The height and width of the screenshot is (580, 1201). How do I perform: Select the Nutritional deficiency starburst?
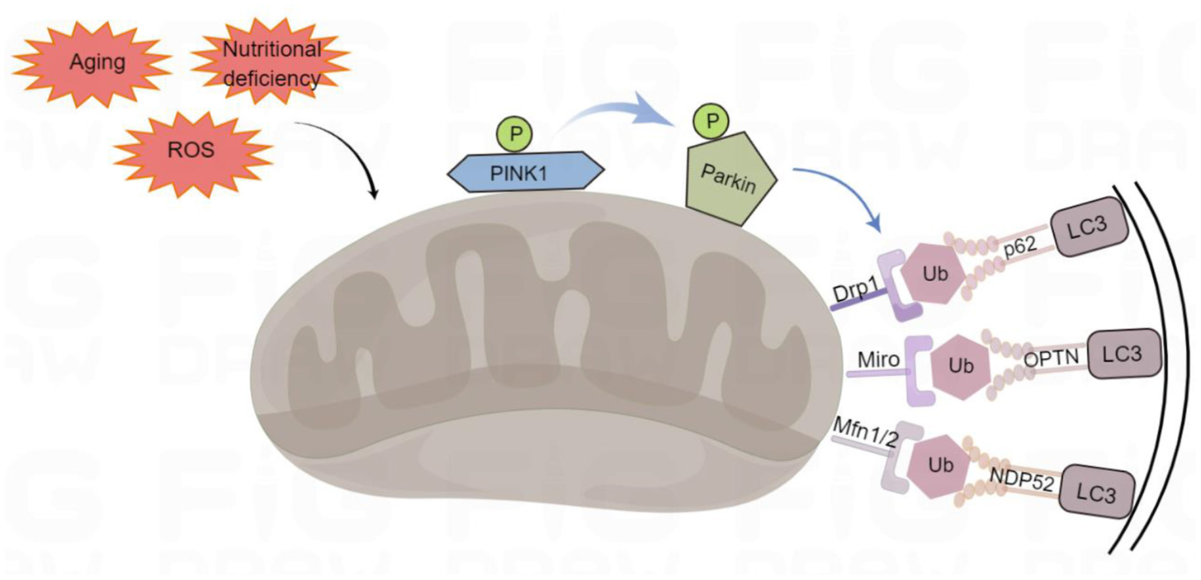pyautogui.click(x=271, y=63)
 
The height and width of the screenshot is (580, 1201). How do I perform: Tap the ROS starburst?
pyautogui.click(x=192, y=150)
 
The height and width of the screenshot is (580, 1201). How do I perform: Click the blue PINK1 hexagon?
pyautogui.click(x=525, y=172)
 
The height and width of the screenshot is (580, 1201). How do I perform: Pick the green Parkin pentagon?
pyautogui.click(x=729, y=180)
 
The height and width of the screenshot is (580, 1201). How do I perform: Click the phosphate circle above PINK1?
pyautogui.click(x=515, y=134)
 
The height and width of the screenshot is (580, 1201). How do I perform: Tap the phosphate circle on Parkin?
pyautogui.click(x=711, y=121)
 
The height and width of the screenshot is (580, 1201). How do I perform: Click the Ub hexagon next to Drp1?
pyautogui.click(x=935, y=273)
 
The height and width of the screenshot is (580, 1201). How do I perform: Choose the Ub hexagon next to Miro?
pyautogui.click(x=960, y=366)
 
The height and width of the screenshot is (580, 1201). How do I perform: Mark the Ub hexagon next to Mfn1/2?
pyautogui.click(x=940, y=465)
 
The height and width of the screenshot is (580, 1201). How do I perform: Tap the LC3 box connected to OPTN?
pyautogui.click(x=1122, y=354)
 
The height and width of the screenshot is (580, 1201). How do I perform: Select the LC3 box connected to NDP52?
pyautogui.click(x=1095, y=493)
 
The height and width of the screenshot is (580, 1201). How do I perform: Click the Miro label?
pyautogui.click(x=878, y=359)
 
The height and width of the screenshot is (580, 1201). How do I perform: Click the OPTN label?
pyautogui.click(x=1051, y=358)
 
